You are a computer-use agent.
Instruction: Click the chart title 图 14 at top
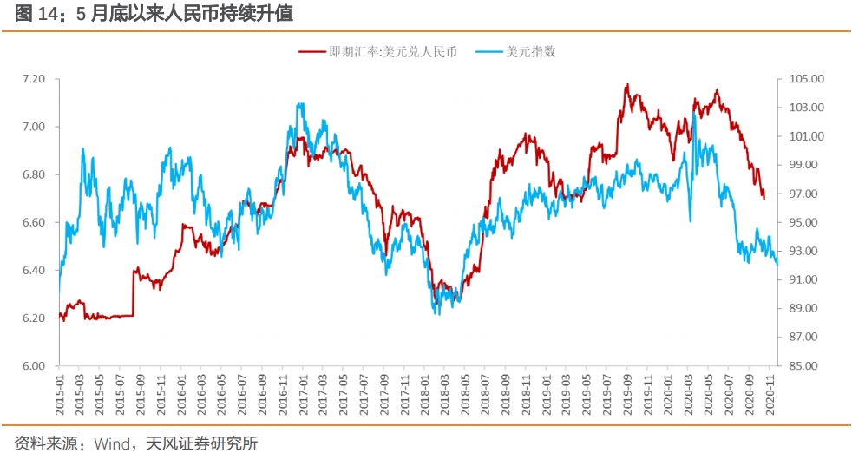(x=35, y=13)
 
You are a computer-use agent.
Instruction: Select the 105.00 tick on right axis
(x=805, y=79)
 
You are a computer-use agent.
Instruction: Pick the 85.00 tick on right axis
(x=805, y=366)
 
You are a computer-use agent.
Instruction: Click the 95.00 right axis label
(x=805, y=222)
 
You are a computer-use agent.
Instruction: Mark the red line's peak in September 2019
(x=626, y=85)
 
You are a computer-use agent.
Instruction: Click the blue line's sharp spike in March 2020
(x=693, y=114)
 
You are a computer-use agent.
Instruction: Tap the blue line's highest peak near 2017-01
(x=299, y=104)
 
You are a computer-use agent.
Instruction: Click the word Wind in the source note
(x=110, y=443)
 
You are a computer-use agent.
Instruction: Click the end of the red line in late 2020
(x=764, y=198)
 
